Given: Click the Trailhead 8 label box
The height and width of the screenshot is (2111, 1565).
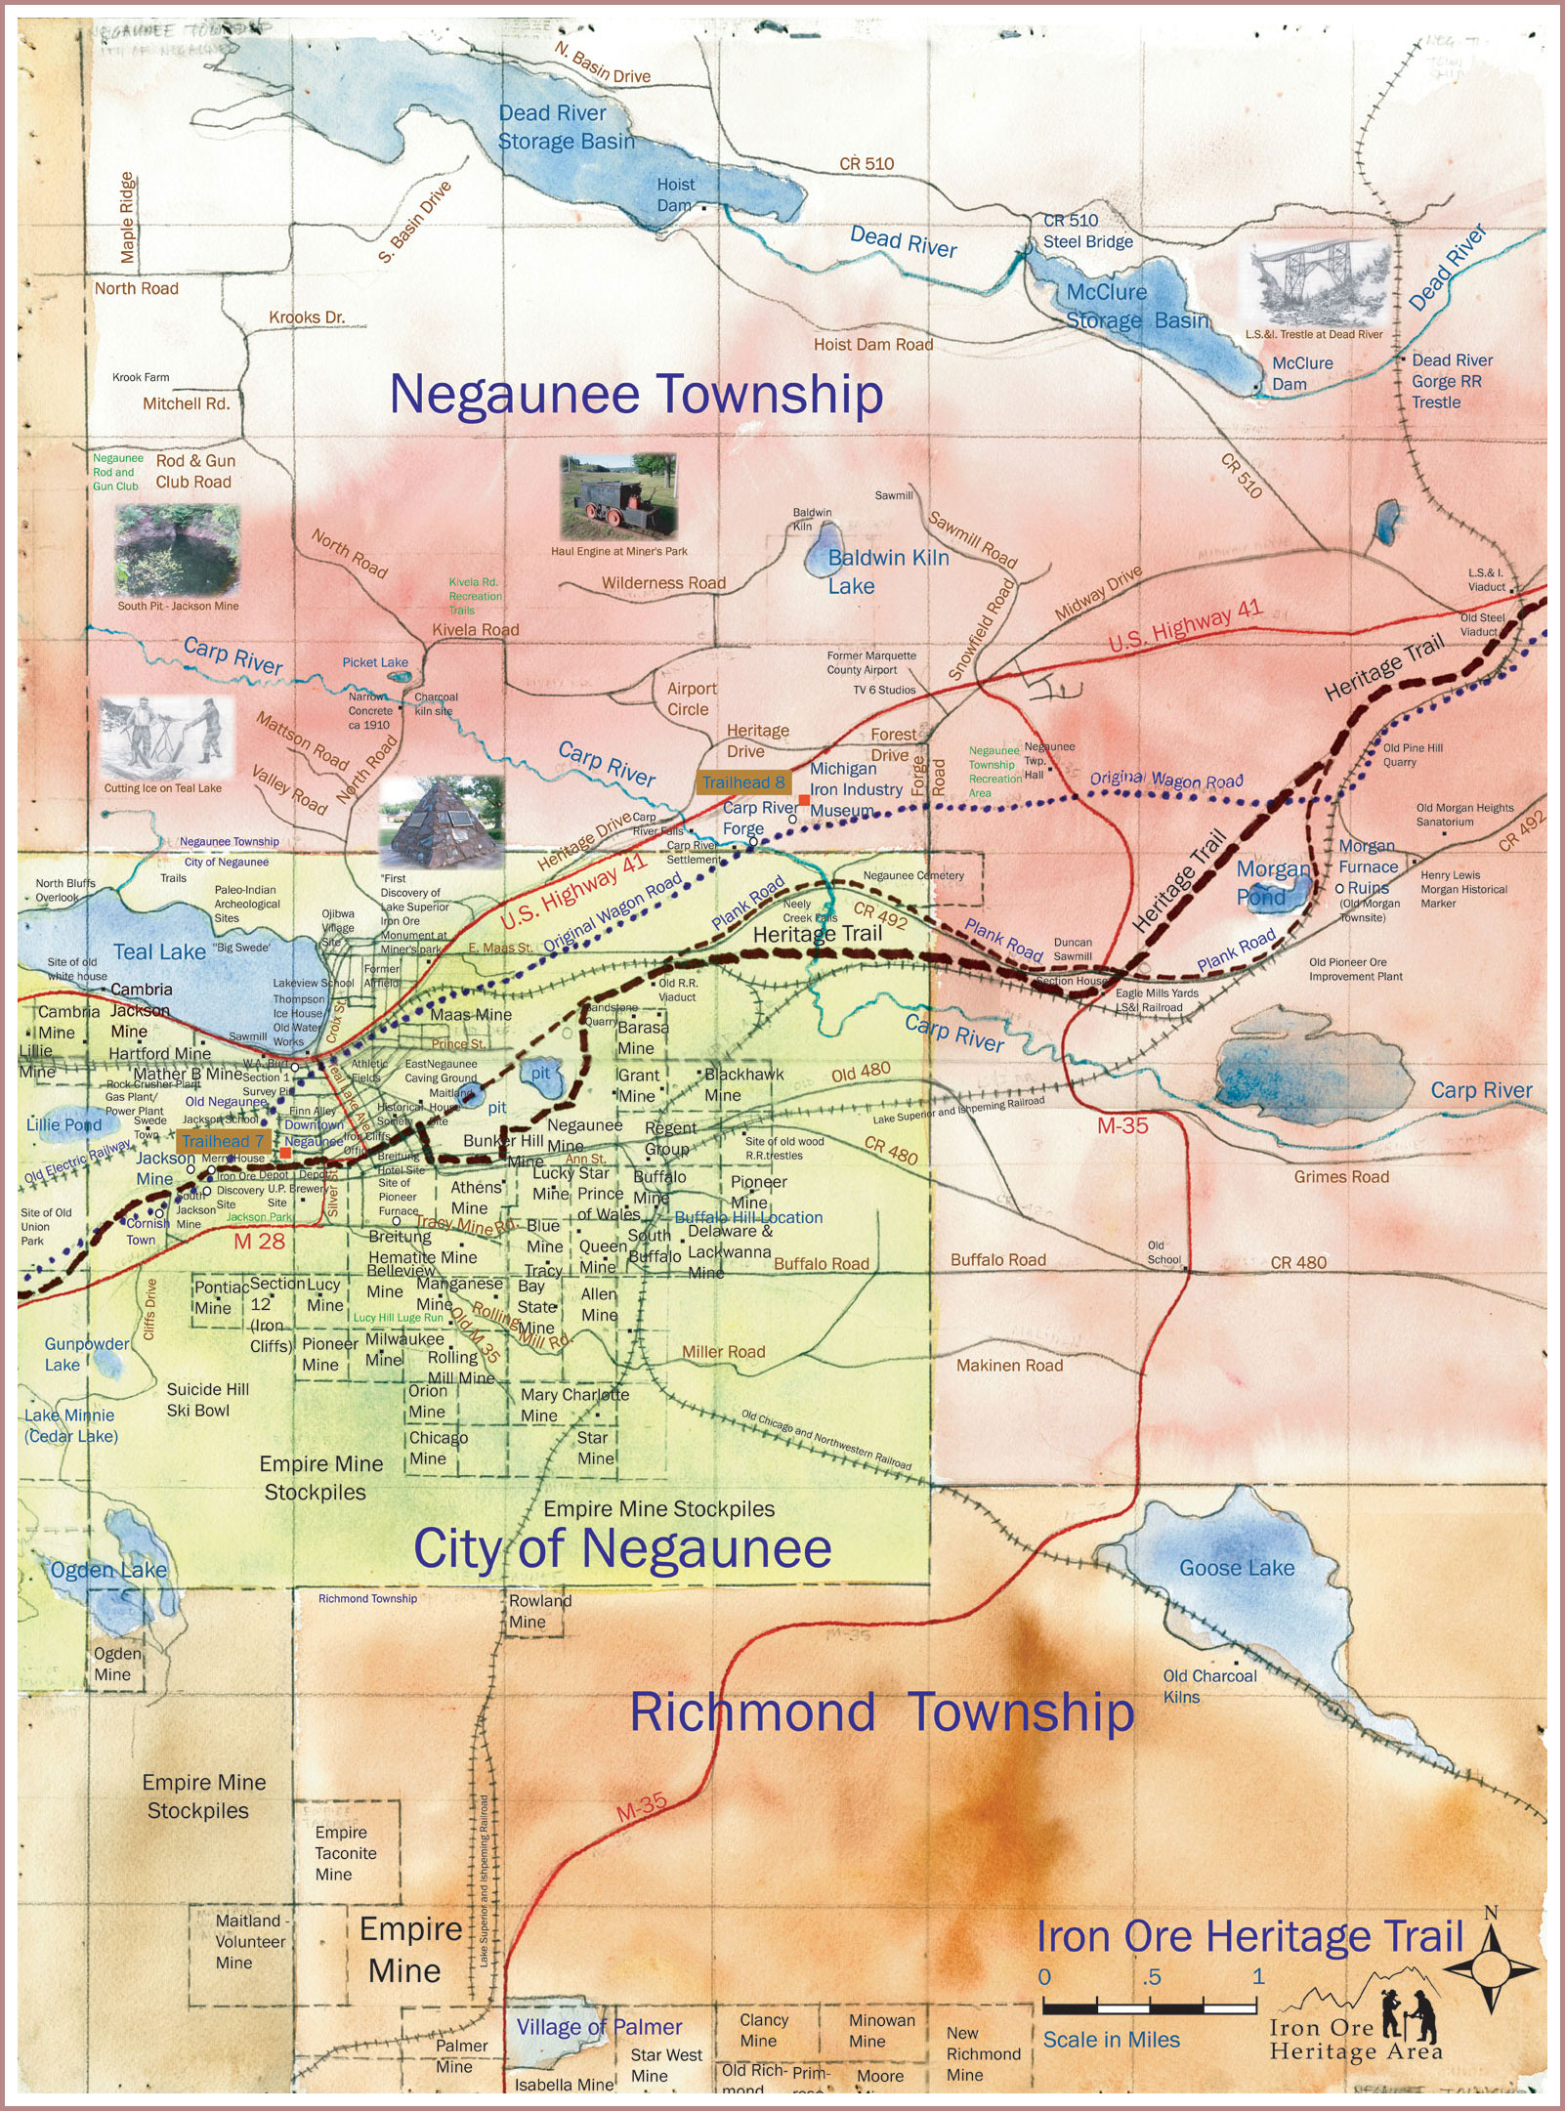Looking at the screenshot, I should click(x=742, y=781).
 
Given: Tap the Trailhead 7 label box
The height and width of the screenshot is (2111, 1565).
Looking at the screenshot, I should click(x=223, y=1141).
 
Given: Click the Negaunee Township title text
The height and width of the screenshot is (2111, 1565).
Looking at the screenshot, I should click(x=636, y=395).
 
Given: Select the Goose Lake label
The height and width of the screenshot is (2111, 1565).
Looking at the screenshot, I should click(x=1236, y=1568).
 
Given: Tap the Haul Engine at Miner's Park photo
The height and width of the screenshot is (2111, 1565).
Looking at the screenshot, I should click(x=618, y=495).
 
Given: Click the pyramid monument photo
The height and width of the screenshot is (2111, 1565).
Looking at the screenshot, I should click(x=441, y=823).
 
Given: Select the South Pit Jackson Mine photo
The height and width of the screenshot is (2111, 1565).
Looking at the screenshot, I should click(x=177, y=550).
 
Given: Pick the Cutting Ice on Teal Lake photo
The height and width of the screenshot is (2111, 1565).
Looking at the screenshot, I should click(x=166, y=738).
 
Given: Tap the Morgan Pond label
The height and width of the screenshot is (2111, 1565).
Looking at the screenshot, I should click(x=1273, y=882).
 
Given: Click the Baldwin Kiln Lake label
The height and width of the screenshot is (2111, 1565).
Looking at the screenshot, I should click(x=887, y=571).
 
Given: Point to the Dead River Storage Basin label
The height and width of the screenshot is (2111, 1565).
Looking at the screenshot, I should click(x=566, y=127).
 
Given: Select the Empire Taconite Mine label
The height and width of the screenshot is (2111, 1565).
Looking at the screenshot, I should click(x=345, y=1853).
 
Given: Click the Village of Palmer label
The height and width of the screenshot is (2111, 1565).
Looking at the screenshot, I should click(x=598, y=2027).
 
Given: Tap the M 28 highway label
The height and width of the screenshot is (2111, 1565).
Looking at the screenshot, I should click(x=259, y=1242).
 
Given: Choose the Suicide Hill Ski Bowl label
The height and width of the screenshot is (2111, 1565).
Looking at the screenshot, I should click(x=207, y=1400).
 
